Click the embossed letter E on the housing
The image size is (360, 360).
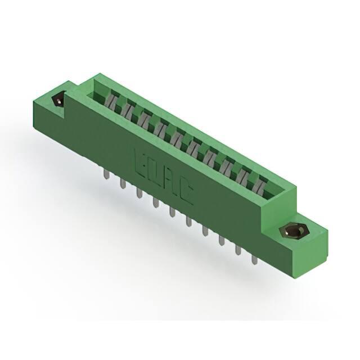point(141,162)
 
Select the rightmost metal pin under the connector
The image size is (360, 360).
point(254,259)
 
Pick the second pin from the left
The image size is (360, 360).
point(123,185)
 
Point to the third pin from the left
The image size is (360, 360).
point(139,193)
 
